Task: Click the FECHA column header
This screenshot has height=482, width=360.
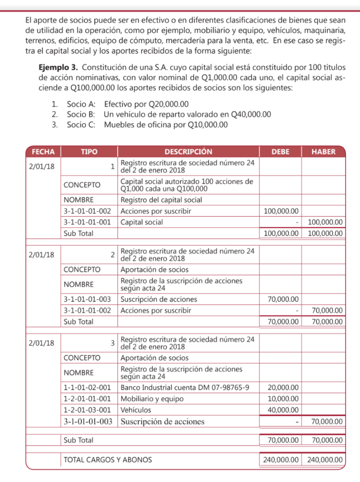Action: coord(43,152)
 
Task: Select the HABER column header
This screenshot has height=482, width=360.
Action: coord(323,152)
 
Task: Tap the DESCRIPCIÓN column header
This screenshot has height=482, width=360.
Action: coord(188,152)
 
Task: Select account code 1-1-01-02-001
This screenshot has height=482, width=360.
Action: coord(87,387)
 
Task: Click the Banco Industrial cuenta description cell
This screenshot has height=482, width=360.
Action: coord(184,387)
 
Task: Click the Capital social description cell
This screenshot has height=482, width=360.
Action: coord(142,222)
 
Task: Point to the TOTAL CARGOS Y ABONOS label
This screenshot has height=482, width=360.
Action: coord(108,459)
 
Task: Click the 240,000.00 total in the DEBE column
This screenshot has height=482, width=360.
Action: coord(280,459)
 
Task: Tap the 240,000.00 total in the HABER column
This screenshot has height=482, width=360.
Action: coord(324,459)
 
